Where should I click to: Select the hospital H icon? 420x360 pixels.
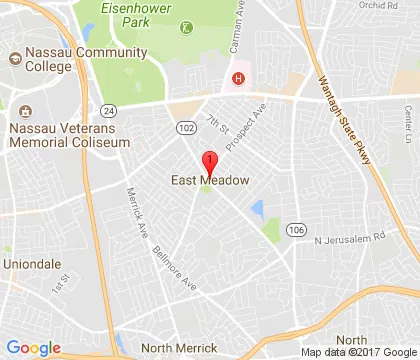point(238,79)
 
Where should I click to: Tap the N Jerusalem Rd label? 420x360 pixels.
point(348,239)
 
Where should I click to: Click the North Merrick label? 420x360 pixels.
point(178,347)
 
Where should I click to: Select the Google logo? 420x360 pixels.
point(33,347)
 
